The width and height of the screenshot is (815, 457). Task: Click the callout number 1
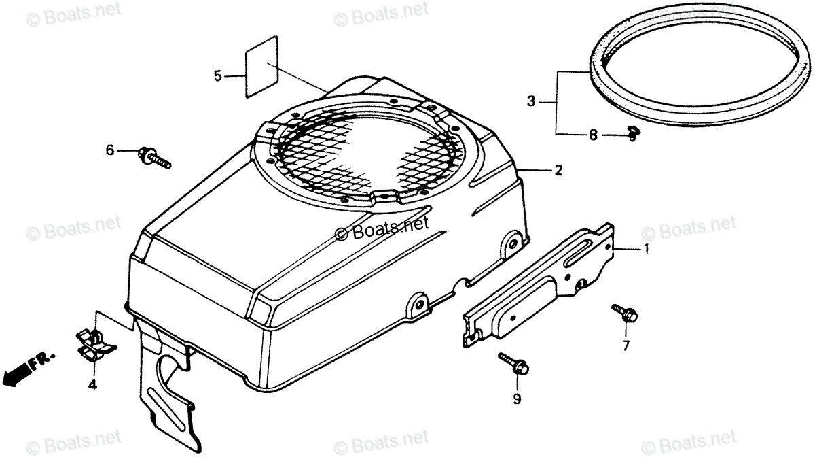[646, 250]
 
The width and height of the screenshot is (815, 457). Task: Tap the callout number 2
[558, 171]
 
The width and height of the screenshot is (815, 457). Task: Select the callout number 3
[531, 102]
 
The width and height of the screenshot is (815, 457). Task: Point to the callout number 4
[92, 386]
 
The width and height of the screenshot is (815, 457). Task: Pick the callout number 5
[217, 76]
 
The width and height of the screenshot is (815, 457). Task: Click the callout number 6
[109, 150]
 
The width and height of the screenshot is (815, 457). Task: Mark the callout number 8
[593, 135]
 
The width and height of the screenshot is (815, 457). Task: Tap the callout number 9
[517, 400]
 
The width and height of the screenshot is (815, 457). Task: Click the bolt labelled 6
[155, 157]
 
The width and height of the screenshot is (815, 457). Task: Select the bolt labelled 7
[625, 314]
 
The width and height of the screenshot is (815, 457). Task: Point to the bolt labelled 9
[513, 362]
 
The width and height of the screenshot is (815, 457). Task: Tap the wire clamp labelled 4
[94, 343]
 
